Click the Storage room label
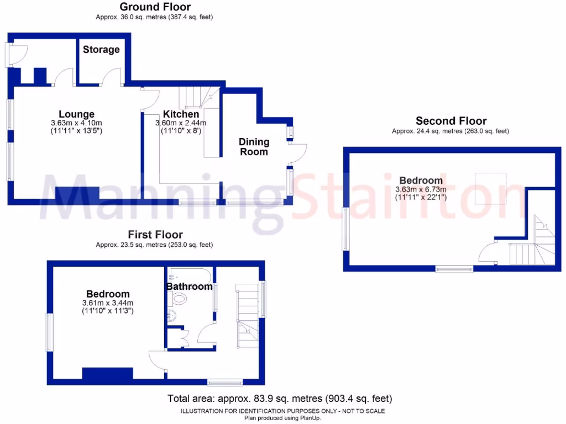point(101,50)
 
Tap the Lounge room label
point(77,115)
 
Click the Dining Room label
point(254,147)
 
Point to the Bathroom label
point(190,287)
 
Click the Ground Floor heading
point(155,7)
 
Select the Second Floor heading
point(451,121)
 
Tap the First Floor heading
point(155,235)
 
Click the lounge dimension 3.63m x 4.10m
point(77,123)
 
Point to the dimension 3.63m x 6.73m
point(421,189)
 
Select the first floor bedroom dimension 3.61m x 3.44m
point(108,303)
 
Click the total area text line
point(280,398)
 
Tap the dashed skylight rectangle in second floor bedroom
point(491,188)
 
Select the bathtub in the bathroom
point(188,275)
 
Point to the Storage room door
point(114,77)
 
